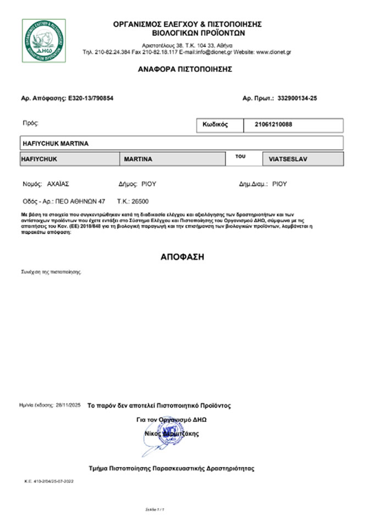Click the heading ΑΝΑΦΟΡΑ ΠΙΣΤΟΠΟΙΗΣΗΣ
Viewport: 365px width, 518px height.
click(x=185, y=69)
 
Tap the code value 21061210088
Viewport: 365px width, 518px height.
click(x=274, y=125)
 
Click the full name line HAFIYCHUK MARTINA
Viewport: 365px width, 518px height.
click(x=55, y=144)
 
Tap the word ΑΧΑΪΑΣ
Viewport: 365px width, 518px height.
click(x=58, y=184)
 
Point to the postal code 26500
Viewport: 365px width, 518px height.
click(x=140, y=201)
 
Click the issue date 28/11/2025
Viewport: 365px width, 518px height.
click(x=68, y=405)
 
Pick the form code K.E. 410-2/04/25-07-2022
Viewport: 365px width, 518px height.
click(x=49, y=481)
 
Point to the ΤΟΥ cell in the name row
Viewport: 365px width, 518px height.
click(x=240, y=157)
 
